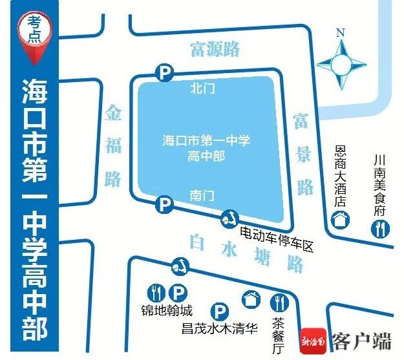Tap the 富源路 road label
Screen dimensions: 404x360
point(215,48)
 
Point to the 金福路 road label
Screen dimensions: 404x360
point(114,146)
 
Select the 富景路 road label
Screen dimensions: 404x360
point(303,154)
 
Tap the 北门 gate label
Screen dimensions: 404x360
point(203,89)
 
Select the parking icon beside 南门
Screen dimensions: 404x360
point(165,206)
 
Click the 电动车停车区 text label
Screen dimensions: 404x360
point(276,233)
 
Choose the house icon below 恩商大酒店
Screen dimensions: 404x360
point(339,220)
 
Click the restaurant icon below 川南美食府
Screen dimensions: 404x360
point(380,228)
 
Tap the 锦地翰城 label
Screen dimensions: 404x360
point(167,310)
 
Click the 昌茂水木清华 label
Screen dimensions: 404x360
point(220,329)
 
